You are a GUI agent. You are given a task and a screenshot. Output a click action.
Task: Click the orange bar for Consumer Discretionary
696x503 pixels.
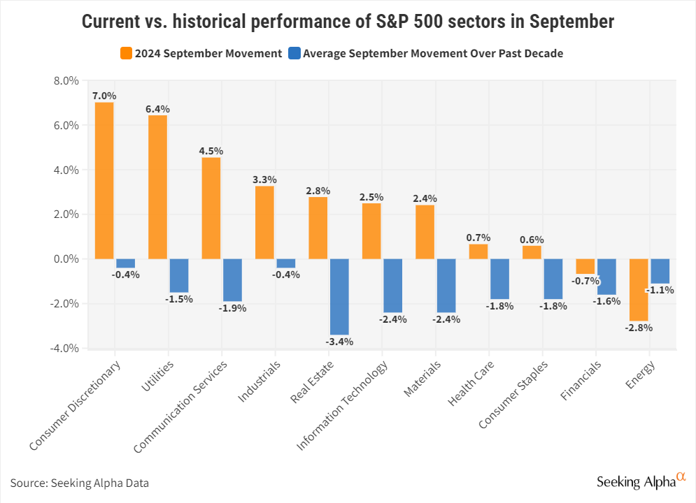tap(104, 180)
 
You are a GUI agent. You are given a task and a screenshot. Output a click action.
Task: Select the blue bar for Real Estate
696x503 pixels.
tap(339, 296)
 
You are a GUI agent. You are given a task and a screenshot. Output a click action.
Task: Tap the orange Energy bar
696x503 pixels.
tap(639, 289)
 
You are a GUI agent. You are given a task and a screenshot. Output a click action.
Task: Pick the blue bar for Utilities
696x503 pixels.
tap(179, 275)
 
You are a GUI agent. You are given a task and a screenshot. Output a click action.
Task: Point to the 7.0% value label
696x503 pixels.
tap(104, 96)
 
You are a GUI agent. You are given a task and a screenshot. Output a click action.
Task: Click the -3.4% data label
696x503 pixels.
tap(339, 342)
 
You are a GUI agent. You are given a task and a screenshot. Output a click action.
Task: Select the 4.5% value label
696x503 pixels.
tap(211, 151)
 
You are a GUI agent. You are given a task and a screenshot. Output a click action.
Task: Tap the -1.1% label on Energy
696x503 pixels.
tap(660, 290)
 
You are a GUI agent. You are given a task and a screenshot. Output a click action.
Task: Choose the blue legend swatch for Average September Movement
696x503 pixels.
tap(294, 53)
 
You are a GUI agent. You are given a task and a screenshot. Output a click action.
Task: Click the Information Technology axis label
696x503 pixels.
tap(343, 405)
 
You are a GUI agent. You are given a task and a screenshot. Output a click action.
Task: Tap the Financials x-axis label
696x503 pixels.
tap(581, 380)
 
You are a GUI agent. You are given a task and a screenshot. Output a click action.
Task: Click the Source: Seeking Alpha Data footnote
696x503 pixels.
tap(80, 483)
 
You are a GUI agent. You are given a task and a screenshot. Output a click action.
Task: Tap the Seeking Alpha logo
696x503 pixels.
tap(640, 481)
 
